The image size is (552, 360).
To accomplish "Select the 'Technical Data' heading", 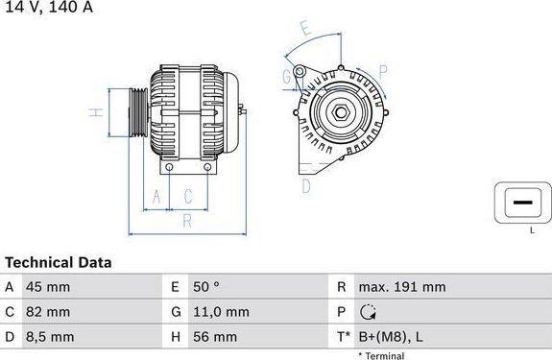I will (x=59, y=262).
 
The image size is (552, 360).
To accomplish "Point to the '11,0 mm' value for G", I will (x=222, y=312).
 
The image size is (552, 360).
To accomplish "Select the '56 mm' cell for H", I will (x=217, y=337).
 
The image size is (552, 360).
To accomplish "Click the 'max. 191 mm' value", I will (x=401, y=287).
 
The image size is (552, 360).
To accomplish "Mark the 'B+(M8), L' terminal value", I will (x=390, y=337).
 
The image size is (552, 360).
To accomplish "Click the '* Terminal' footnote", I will (x=381, y=355).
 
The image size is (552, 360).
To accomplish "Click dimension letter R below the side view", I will (x=188, y=221).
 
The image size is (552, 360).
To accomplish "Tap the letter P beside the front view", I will (x=381, y=71).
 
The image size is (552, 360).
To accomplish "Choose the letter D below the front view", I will (x=306, y=185).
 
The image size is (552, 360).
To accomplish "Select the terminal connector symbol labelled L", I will (x=521, y=203).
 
